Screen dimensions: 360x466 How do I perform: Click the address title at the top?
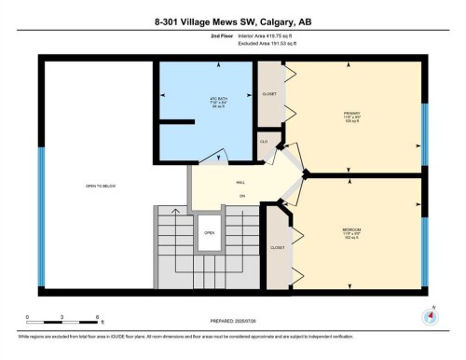tap(232, 21)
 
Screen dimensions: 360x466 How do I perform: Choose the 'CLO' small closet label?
tap(264, 142)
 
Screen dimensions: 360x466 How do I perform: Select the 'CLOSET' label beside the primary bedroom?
tap(268, 93)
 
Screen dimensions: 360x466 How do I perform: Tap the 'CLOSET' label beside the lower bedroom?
tap(277, 248)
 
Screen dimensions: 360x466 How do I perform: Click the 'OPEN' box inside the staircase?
tap(210, 233)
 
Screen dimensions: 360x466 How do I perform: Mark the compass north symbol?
tap(430, 315)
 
